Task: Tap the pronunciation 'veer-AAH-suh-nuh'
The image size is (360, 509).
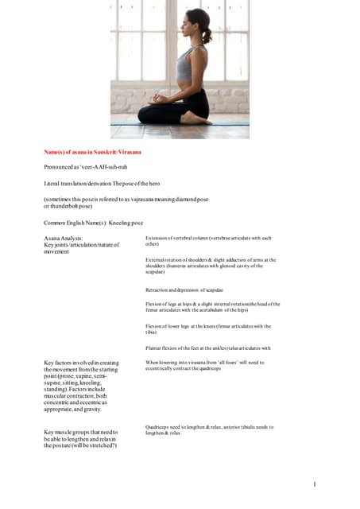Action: (x=103, y=167)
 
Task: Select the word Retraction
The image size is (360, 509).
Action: (x=160, y=289)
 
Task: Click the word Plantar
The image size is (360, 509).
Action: (x=156, y=348)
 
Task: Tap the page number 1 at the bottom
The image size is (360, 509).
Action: (x=315, y=484)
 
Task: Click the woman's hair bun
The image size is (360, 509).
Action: (x=207, y=37)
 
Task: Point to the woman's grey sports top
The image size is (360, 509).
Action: (x=184, y=67)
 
